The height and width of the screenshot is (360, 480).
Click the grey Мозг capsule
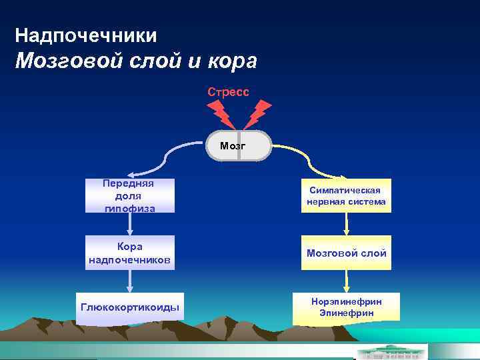tap(239, 145)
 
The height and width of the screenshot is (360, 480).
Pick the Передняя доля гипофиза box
tap(130, 195)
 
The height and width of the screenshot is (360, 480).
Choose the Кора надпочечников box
tap(130, 253)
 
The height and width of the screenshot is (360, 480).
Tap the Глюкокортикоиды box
tap(130, 307)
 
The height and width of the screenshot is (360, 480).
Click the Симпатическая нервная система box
tap(346, 195)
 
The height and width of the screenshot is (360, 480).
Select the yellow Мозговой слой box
tap(346, 253)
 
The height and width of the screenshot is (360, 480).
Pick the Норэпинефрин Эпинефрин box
tap(346, 307)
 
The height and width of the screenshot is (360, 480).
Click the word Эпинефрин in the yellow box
tap(346, 313)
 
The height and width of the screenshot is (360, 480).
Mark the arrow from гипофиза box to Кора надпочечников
tap(130, 224)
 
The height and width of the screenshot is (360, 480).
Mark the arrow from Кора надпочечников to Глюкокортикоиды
tap(130, 281)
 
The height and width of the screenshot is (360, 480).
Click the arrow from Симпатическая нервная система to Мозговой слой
tap(346, 224)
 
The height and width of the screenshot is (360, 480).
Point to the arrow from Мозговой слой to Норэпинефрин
tap(346, 281)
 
